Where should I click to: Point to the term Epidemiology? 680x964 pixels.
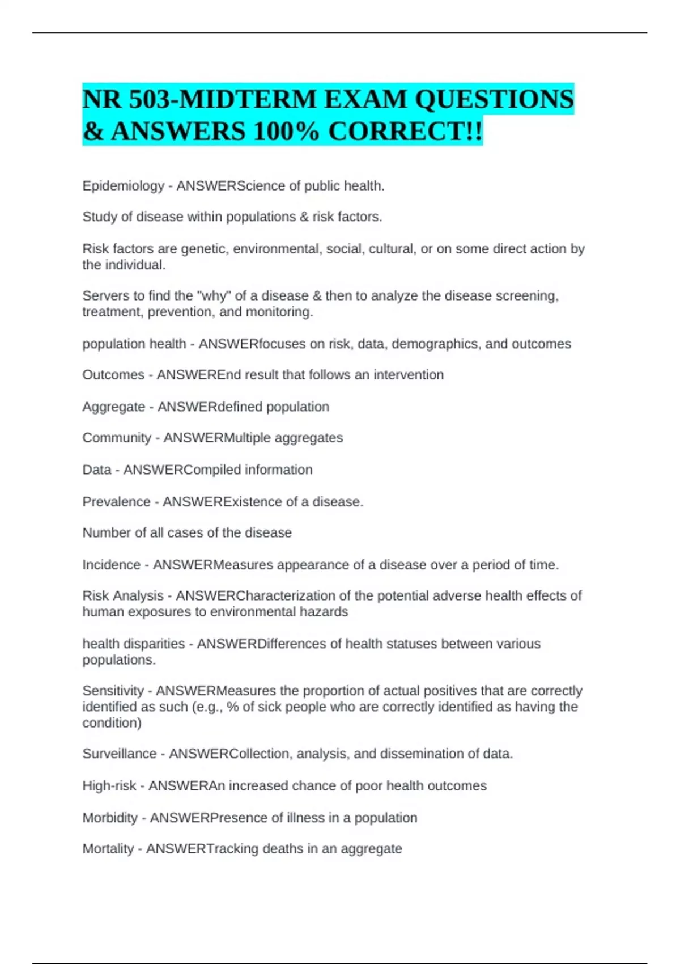pyautogui.click(x=123, y=186)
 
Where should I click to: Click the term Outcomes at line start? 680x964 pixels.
pyautogui.click(x=113, y=375)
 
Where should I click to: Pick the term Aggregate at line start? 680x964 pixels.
pyautogui.click(x=113, y=407)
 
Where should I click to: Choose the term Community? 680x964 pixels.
pyautogui.click(x=117, y=438)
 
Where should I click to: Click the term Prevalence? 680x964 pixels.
pyautogui.click(x=116, y=502)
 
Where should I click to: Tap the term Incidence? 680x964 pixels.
pyautogui.click(x=111, y=565)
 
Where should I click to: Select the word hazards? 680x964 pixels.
pyautogui.click(x=325, y=612)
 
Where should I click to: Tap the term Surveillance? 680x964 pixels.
pyautogui.click(x=119, y=754)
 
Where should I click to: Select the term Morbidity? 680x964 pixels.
pyautogui.click(x=110, y=818)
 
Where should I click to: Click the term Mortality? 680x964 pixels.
pyautogui.click(x=108, y=849)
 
